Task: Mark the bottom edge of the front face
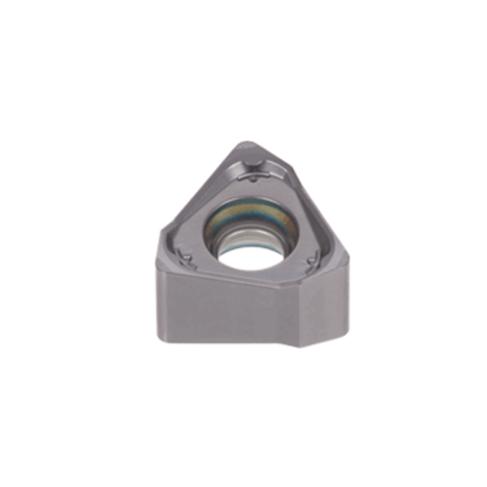[226, 336]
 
